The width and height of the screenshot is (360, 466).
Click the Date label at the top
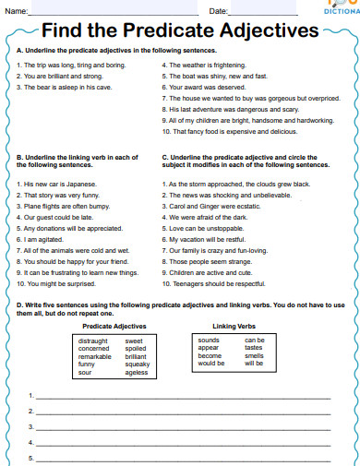(219, 11)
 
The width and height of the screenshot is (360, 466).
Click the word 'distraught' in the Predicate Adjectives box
(94, 341)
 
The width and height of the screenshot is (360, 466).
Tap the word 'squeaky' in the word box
(137, 364)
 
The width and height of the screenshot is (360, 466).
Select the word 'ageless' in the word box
(136, 372)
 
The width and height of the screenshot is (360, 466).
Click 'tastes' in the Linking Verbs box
(254, 348)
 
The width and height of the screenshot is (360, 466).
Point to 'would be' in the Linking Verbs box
(211, 364)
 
